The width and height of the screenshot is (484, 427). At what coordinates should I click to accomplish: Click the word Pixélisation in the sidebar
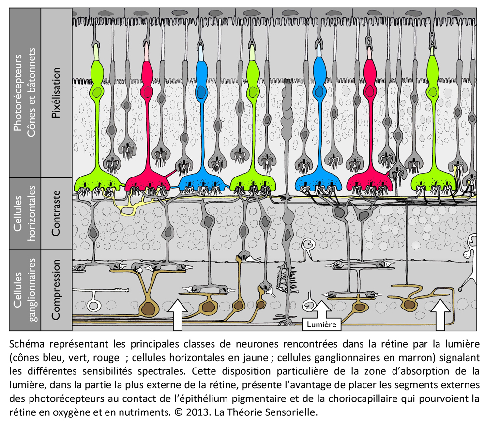56,92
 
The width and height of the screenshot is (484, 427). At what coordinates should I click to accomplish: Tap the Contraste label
56,213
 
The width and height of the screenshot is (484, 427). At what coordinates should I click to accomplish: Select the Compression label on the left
56,290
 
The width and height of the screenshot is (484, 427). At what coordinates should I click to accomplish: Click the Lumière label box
322,324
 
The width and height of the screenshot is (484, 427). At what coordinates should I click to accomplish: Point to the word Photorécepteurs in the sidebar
17,92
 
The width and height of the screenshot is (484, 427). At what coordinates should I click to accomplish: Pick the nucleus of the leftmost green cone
98,91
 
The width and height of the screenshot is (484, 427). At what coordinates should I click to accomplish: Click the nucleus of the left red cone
148,91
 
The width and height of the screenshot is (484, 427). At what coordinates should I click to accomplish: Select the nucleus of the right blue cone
319,91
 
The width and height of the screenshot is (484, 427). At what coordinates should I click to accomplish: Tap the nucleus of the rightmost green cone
433,91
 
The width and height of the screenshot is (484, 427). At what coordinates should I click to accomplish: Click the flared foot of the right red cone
369,182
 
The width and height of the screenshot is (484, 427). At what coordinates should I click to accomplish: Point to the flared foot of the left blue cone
202,182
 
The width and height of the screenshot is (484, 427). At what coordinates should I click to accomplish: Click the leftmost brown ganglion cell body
149,309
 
